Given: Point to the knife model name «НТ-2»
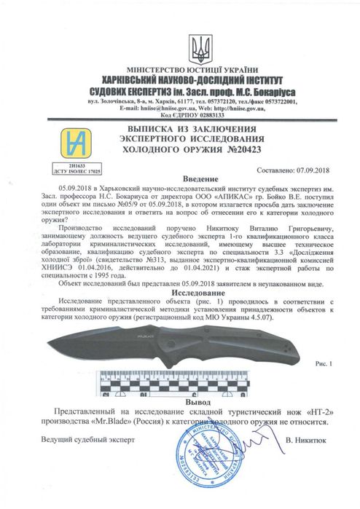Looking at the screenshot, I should (x=309, y=412).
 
